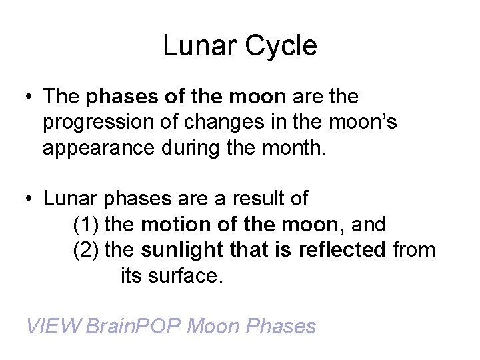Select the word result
click(x=254, y=198)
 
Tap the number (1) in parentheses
click(x=86, y=223)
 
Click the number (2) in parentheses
click(x=86, y=249)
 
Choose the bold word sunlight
click(x=181, y=249)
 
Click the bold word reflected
click(x=342, y=249)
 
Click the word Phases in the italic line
click(x=281, y=326)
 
